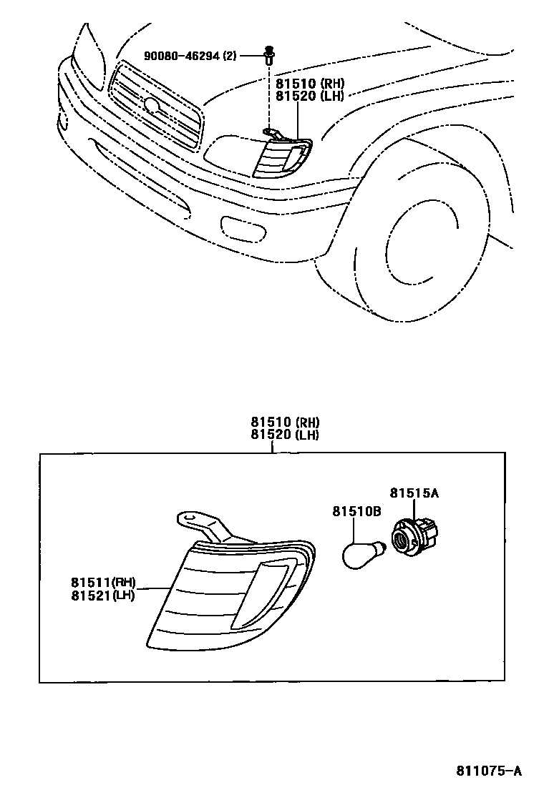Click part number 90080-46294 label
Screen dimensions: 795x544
tap(182, 55)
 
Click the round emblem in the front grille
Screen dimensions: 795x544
tap(152, 105)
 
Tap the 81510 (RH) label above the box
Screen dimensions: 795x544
tap(285, 423)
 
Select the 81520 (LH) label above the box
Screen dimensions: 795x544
tap(285, 435)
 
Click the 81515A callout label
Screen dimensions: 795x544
tap(414, 493)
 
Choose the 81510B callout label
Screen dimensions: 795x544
tap(356, 511)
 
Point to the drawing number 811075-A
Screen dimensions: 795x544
tap(489, 771)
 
